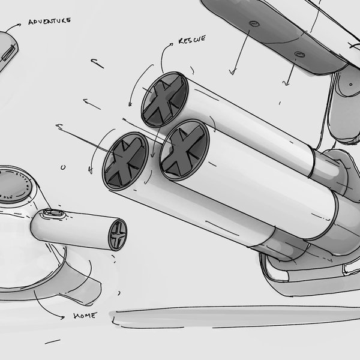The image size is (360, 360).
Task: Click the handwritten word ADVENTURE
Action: (x=49, y=21)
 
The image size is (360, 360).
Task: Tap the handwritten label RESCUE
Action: (x=192, y=40)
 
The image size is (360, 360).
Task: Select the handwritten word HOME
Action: (x=85, y=316)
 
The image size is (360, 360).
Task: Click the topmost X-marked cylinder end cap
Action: (x=164, y=100)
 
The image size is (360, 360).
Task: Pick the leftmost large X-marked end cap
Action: (x=125, y=161)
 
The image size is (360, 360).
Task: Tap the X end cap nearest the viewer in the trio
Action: (x=184, y=150)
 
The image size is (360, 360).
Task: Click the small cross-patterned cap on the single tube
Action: (x=118, y=235)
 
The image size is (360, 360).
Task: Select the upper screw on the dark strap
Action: (x=254, y=23)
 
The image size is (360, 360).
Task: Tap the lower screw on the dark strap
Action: (x=299, y=55)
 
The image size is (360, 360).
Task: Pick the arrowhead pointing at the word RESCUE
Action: (x=172, y=44)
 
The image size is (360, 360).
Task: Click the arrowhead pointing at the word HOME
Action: (x=62, y=317)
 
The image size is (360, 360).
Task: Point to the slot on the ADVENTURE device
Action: (x=9, y=53)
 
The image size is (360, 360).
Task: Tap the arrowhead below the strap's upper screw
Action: (x=232, y=73)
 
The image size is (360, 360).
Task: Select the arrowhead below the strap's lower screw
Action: (x=286, y=83)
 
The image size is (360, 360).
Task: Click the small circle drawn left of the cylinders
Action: (x=63, y=167)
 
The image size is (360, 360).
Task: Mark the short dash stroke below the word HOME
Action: (x=53, y=341)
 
